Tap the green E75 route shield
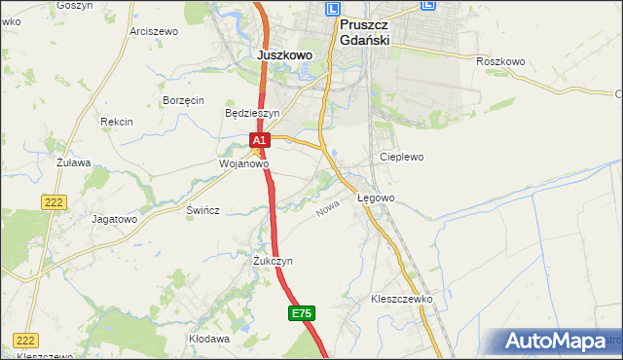click(302, 313)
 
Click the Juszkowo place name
click(285, 55)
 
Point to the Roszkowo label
click(500, 61)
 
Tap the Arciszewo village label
click(154, 31)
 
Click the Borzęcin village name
click(183, 100)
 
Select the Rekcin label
click(116, 122)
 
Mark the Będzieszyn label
click(252, 113)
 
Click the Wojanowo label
click(242, 164)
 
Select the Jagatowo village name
click(114, 219)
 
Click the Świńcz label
click(203, 210)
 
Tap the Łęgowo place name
click(376, 198)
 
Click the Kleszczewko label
click(401, 299)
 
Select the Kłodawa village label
click(209, 339)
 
